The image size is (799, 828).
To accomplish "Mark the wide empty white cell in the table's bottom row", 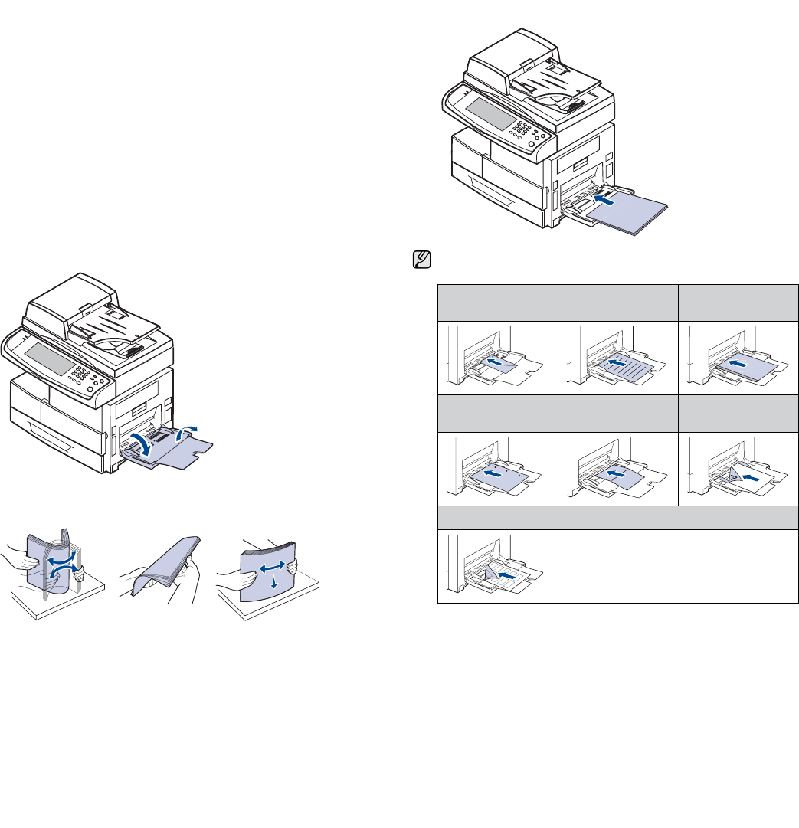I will point(678,566).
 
